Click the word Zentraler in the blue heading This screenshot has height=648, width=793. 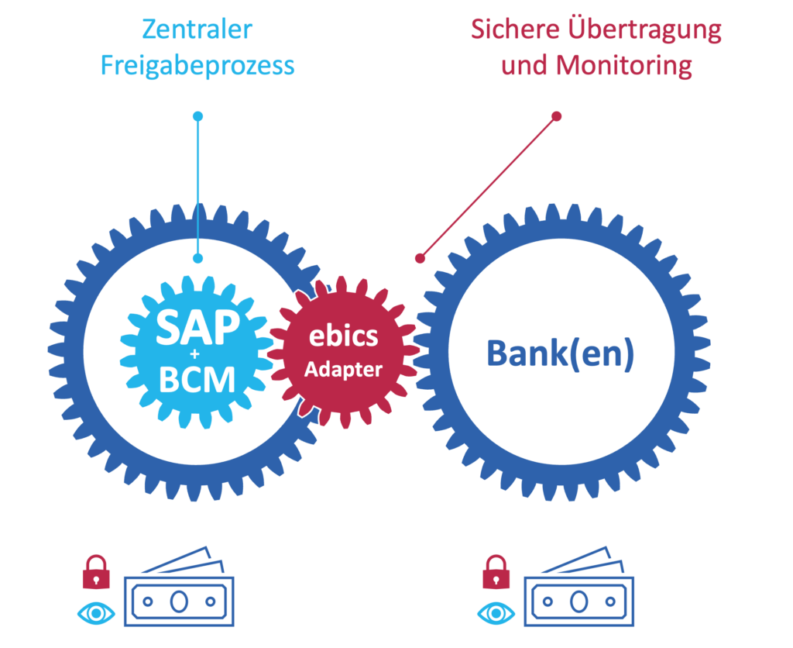pyautogui.click(x=197, y=30)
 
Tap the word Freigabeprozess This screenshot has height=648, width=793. pyautogui.click(x=197, y=65)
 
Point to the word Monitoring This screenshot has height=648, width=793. pyautogui.click(x=624, y=65)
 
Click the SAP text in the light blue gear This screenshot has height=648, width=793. pyautogui.click(x=197, y=329)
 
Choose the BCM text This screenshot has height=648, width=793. pyautogui.click(x=197, y=378)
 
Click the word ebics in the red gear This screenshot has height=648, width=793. pyautogui.click(x=343, y=336)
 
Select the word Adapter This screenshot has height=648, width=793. pyautogui.click(x=343, y=369)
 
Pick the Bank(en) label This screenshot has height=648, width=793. pyautogui.click(x=561, y=353)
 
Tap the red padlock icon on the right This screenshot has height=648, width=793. pyautogui.click(x=496, y=574)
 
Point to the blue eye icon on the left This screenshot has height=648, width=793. pyautogui.click(x=96, y=613)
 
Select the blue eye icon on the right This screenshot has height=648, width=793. pyautogui.click(x=496, y=613)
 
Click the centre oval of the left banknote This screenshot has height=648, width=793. pyautogui.click(x=179, y=601)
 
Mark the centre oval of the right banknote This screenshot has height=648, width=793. pyautogui.click(x=578, y=601)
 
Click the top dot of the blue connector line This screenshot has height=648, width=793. pyautogui.click(x=197, y=117)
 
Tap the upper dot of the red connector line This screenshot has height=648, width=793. pyautogui.click(x=556, y=117)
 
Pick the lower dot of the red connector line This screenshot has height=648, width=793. pyautogui.click(x=420, y=257)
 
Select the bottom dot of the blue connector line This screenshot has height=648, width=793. pyautogui.click(x=197, y=258)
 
